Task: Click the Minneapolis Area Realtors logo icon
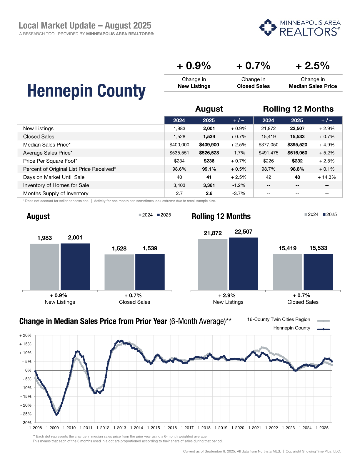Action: click(268, 27)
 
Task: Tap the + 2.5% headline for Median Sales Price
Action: click(312, 66)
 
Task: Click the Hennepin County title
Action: click(86, 91)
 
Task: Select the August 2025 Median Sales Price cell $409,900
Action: click(209, 145)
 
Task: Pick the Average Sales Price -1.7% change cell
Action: click(239, 153)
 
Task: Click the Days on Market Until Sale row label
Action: click(54, 177)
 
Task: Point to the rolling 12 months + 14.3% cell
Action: click(327, 177)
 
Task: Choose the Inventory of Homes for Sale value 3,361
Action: click(209, 185)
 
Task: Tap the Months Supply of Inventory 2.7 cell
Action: click(179, 193)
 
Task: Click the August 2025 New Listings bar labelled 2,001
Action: click(75, 267)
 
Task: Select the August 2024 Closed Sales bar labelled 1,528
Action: click(119, 272)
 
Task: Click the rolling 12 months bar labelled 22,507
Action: click(244, 264)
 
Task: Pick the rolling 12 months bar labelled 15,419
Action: click(287, 272)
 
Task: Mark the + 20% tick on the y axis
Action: click(25, 335)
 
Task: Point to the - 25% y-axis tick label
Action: click(26, 414)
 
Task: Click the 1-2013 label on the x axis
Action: click(119, 428)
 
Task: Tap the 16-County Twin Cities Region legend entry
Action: click(279, 319)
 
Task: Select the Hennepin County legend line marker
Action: click(324, 329)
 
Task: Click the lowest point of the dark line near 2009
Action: click(56, 415)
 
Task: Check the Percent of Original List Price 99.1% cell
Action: click(209, 169)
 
